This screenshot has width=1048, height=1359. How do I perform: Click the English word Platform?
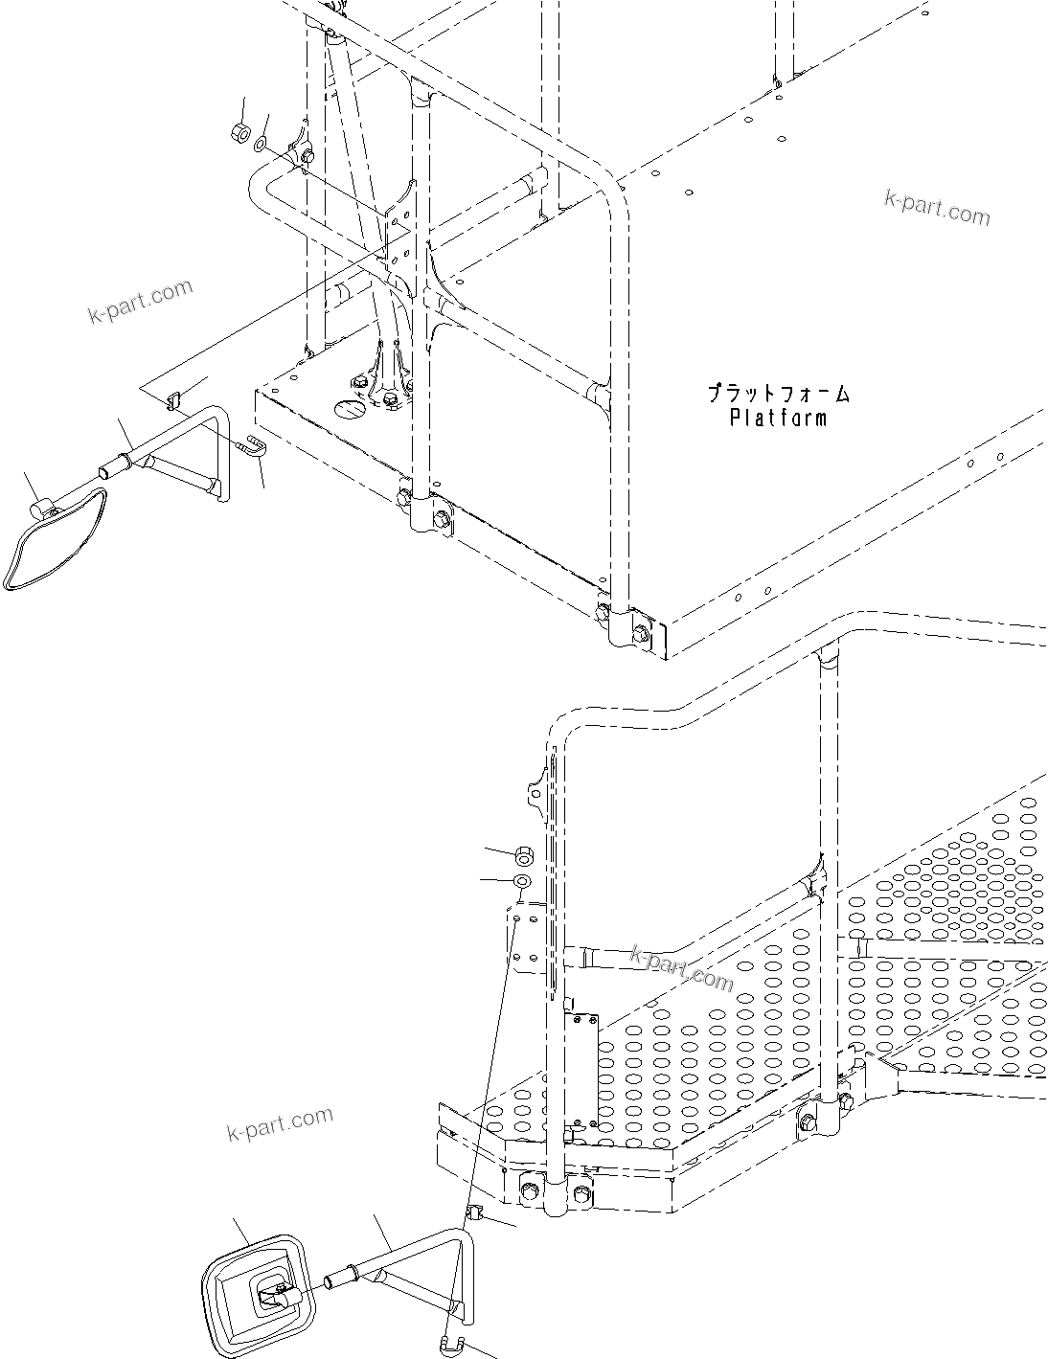(777, 418)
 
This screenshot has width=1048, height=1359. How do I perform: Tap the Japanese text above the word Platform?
(778, 393)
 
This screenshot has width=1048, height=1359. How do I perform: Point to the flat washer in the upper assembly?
(261, 146)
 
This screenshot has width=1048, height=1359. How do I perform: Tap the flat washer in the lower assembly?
(523, 880)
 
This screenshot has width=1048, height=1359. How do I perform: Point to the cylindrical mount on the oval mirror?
(41, 508)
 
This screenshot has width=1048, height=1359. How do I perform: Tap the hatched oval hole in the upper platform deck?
(349, 408)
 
